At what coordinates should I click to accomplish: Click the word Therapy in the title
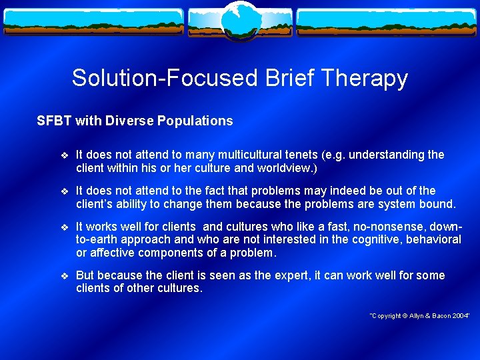click(364, 79)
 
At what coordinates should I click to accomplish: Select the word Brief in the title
click(279, 79)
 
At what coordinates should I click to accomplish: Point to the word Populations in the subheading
click(195, 121)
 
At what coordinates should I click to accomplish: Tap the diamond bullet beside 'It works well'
click(64, 227)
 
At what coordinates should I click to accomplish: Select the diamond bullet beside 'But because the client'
click(64, 276)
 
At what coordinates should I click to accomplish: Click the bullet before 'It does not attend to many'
click(64, 155)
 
